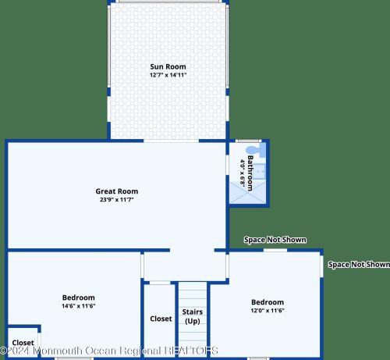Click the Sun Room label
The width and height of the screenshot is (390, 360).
168,66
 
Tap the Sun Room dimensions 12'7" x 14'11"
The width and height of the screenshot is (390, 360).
168,75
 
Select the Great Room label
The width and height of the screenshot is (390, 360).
117,191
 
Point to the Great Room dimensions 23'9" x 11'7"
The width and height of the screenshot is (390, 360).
117,200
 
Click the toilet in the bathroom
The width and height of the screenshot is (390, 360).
256,150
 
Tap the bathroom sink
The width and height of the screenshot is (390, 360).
259,172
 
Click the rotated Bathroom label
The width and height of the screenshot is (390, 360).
250,173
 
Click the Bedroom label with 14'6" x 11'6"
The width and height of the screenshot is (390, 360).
79,298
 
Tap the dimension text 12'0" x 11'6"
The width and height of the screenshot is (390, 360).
268,311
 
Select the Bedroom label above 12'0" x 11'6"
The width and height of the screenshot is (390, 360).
268,302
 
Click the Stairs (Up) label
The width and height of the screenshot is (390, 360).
193,316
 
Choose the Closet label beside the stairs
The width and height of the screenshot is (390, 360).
161,319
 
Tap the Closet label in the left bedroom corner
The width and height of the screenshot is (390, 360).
23,343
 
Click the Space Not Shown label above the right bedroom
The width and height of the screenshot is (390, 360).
275,240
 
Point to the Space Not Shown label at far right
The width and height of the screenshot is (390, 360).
359,265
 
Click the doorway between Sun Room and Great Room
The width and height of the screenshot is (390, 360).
172,141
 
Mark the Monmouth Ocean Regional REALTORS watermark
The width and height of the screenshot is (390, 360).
109,351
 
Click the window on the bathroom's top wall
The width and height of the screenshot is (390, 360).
249,141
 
